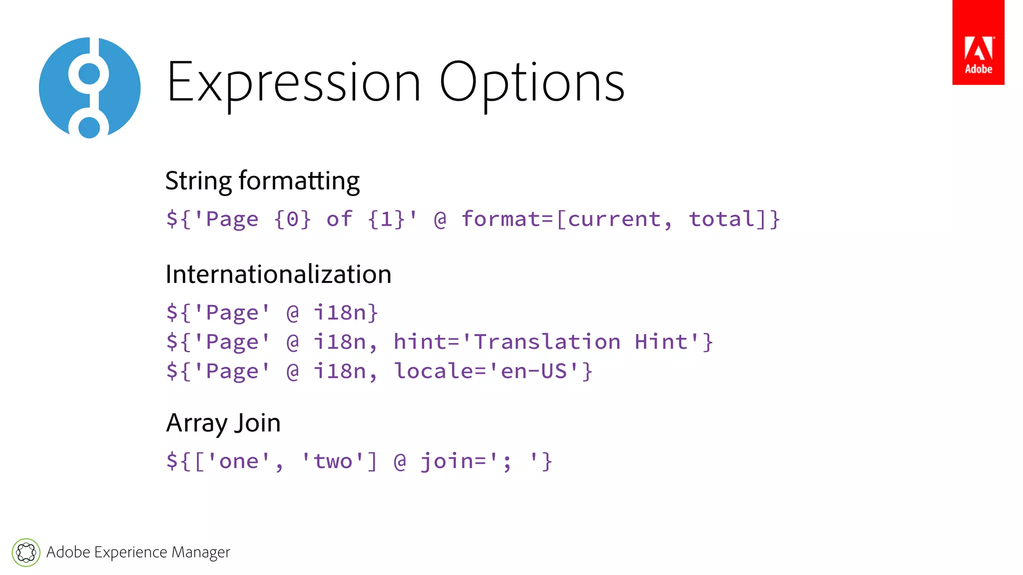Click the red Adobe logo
pyautogui.click(x=978, y=42)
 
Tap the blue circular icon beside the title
pyautogui.click(x=90, y=88)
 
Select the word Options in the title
pyautogui.click(x=531, y=83)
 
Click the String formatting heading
pyautogui.click(x=262, y=181)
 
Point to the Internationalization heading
pyautogui.click(x=278, y=275)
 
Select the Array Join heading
pyautogui.click(x=223, y=423)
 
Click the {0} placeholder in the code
pyautogui.click(x=292, y=220)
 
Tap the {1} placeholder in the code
pyautogui.click(x=386, y=220)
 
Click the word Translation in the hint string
pyautogui.click(x=547, y=342)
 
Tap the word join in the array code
pyautogui.click(x=446, y=462)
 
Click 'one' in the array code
pyautogui.click(x=239, y=462)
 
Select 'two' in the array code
pyautogui.click(x=333, y=462)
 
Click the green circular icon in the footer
pyautogui.click(x=26, y=553)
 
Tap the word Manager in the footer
pyautogui.click(x=201, y=553)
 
